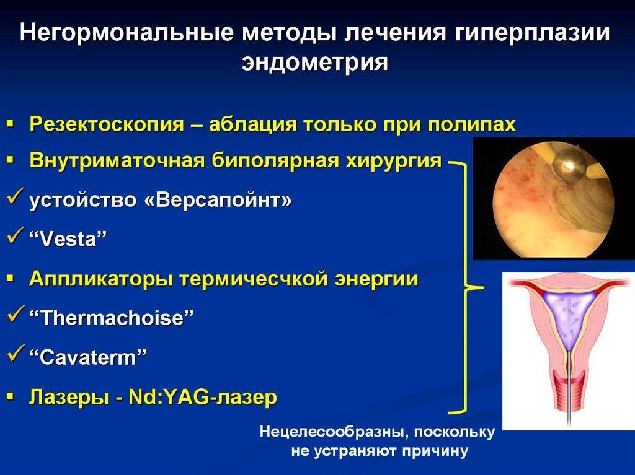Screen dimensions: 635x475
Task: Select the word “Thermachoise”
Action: (x=112, y=318)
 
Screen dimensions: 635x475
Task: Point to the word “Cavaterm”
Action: (x=87, y=357)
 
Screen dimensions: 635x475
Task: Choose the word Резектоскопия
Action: (x=107, y=124)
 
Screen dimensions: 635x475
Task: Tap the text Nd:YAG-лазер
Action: (x=203, y=397)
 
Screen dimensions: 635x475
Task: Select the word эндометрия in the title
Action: (x=314, y=62)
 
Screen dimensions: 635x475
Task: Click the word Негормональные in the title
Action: (x=127, y=32)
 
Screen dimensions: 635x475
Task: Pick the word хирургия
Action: (x=393, y=160)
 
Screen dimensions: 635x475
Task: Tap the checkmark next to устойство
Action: (x=16, y=196)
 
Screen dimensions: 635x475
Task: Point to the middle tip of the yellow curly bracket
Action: (x=482, y=288)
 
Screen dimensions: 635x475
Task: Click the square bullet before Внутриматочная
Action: (x=11, y=161)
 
